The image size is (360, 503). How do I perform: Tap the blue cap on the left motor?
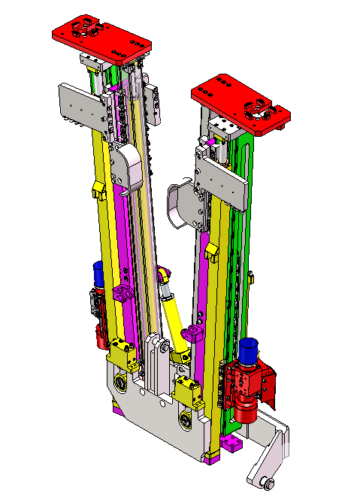point(98,271)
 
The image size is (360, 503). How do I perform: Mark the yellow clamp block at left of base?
point(120,350)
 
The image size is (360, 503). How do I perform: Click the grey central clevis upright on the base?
point(156,361)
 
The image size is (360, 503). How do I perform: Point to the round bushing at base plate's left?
point(121,385)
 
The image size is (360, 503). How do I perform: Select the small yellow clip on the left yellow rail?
point(98,191)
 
